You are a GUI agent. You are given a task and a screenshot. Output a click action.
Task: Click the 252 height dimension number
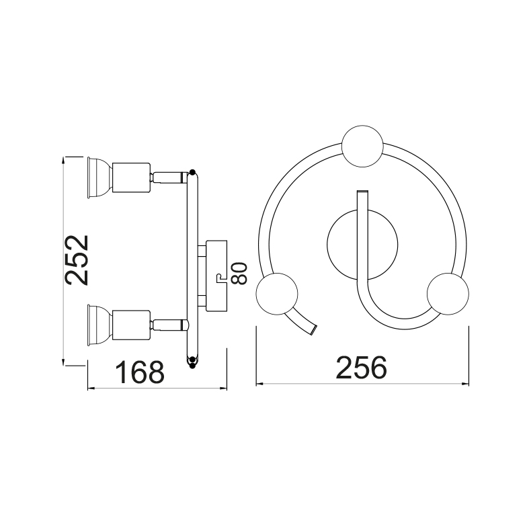click(77, 260)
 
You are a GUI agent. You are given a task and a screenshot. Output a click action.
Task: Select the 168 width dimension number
click(140, 372)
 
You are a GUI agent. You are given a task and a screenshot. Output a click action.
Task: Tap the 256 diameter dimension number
click(361, 368)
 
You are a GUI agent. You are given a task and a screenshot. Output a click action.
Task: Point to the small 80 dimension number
click(239, 274)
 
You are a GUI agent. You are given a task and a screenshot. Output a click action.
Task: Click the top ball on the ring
click(362, 146)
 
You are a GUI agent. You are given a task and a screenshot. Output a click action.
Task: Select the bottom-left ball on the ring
click(277, 294)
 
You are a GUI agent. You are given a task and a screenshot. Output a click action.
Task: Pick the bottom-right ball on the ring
click(448, 294)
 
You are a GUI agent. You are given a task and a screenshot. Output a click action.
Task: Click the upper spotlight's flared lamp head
click(99, 177)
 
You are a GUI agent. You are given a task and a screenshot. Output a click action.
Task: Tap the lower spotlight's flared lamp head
click(99, 325)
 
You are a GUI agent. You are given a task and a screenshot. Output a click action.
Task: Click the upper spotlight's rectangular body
click(131, 177)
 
